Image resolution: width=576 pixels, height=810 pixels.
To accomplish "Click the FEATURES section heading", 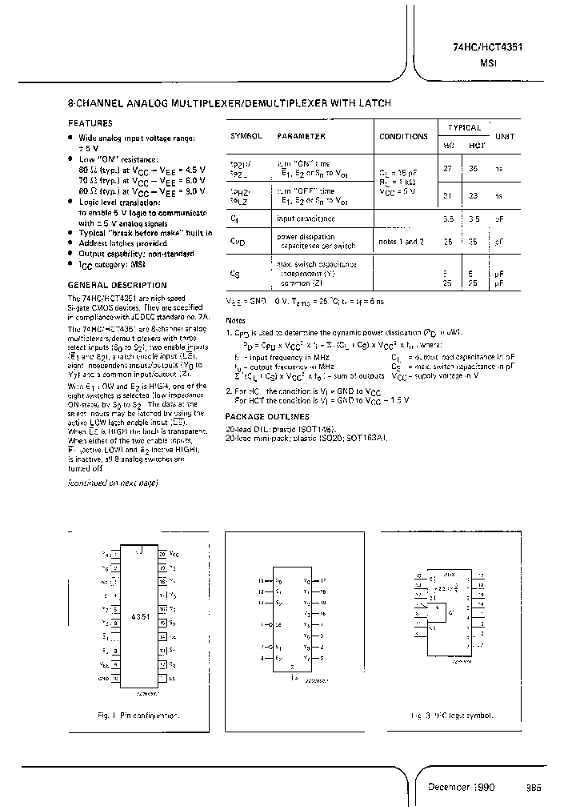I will (90, 123).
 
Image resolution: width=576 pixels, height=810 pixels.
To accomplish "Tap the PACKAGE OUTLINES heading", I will (267, 417).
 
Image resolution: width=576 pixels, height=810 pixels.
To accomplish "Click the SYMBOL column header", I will (246, 137).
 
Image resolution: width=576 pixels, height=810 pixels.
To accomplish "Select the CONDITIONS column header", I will (404, 137).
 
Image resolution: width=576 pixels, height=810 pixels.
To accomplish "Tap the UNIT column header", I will (505, 137).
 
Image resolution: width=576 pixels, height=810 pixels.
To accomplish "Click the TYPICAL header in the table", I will (464, 127).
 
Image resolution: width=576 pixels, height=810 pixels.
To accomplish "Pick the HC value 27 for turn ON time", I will (448, 169).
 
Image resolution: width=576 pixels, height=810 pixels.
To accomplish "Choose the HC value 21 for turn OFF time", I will (448, 194).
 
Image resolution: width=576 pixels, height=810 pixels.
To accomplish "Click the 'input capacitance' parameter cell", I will (306, 218).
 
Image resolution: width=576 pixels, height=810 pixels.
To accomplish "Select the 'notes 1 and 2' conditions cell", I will (402, 242).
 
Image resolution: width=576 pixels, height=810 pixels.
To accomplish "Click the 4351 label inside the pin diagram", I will (140, 617).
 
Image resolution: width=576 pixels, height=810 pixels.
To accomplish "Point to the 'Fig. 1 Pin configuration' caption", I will (138, 715).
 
